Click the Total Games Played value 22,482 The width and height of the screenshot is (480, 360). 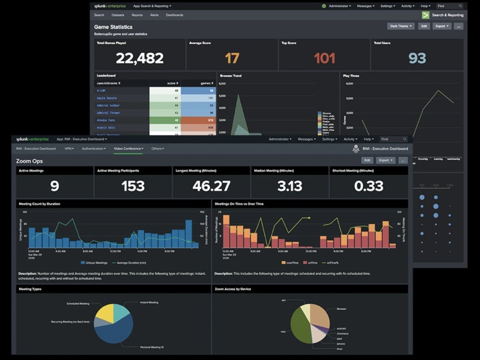(140, 59)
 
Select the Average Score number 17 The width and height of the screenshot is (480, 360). (232, 59)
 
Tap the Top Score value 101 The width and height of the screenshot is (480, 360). (324, 59)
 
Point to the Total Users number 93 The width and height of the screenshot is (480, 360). (417, 59)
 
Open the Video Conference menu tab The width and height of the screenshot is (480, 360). (128, 149)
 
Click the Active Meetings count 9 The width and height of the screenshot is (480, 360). (54, 186)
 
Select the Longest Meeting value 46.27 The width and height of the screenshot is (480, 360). (211, 186)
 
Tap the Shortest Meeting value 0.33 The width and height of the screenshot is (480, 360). (369, 186)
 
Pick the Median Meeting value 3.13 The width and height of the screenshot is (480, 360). (289, 186)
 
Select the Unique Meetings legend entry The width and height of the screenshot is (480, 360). (96, 263)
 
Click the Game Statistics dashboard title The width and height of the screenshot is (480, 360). (113, 27)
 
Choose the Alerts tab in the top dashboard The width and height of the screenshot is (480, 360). (154, 15)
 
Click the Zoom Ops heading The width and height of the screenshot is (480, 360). (29, 161)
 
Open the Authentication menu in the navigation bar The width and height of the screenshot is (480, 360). (94, 149)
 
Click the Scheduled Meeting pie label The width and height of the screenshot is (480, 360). (78, 304)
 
